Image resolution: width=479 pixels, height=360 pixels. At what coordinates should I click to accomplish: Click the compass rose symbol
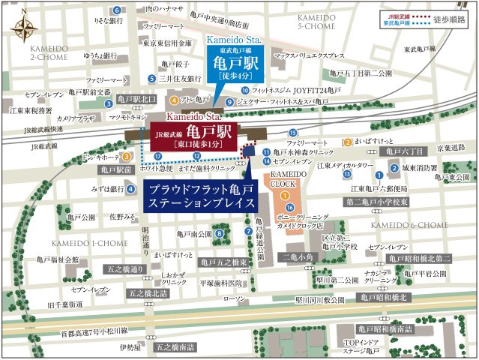pyautogui.click(x=22, y=28)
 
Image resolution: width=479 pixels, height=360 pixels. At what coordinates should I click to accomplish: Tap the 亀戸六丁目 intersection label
pyautogui.click(x=404, y=151)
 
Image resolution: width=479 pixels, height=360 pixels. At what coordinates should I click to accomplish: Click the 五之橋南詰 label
pyautogui.click(x=175, y=347)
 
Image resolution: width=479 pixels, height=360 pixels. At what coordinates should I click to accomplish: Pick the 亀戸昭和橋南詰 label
pyautogui.click(x=386, y=328)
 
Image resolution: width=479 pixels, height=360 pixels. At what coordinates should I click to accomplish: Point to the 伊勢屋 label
pyautogui.click(x=130, y=347)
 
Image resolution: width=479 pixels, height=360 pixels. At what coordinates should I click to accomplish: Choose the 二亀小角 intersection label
pyautogui.click(x=298, y=256)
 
